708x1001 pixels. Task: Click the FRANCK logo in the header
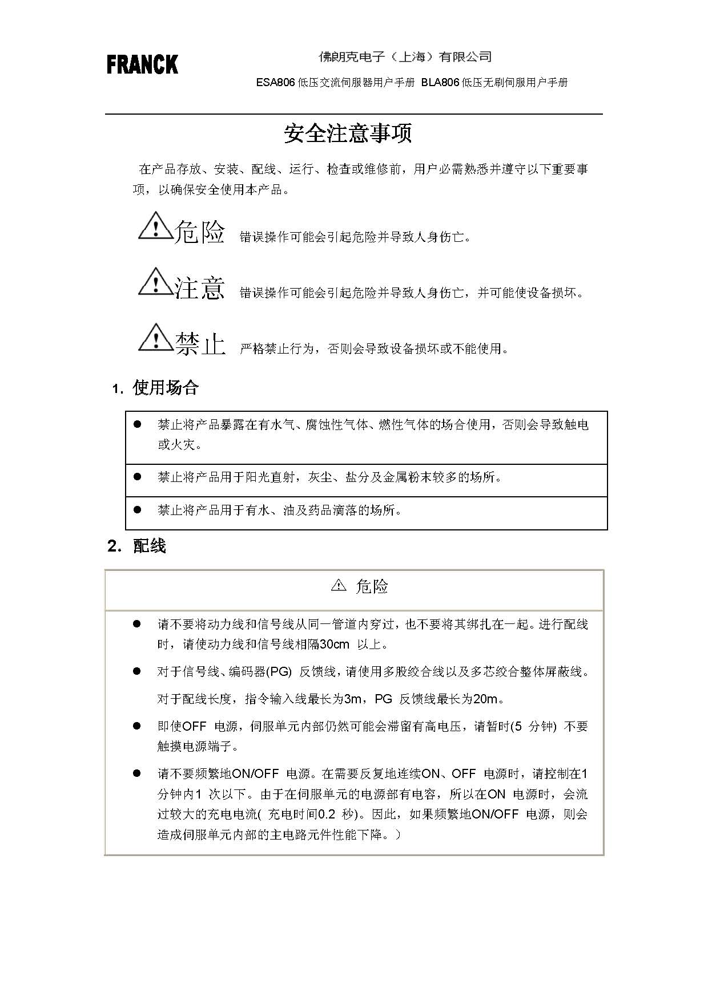[142, 64]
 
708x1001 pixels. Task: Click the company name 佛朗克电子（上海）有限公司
[405, 57]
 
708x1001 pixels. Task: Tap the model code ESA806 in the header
[275, 83]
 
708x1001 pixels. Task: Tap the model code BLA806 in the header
[441, 83]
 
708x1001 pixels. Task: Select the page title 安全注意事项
[348, 133]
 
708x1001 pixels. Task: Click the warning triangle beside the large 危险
[155, 226]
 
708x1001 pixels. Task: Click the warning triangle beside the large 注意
[155, 282]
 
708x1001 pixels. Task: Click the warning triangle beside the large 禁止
[155, 338]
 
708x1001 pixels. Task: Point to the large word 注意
[200, 288]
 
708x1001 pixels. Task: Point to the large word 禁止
[200, 344]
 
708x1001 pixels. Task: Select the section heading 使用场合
[165, 388]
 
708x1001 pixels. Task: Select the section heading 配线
[149, 546]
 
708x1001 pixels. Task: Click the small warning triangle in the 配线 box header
[339, 586]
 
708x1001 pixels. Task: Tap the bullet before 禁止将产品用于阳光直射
[137, 476]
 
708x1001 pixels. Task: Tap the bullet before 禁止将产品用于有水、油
[137, 509]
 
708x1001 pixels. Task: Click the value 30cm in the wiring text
[334, 645]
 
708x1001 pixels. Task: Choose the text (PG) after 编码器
[279, 672]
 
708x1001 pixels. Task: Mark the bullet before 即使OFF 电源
[137, 726]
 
